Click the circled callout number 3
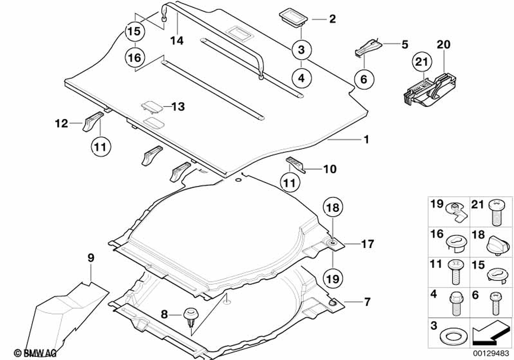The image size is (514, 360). click(302, 50)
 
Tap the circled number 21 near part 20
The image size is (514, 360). click(421, 62)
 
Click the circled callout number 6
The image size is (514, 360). click(363, 80)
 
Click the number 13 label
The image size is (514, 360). click(177, 107)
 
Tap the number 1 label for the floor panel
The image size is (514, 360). click(366, 139)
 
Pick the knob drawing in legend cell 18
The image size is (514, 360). click(495, 241)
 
